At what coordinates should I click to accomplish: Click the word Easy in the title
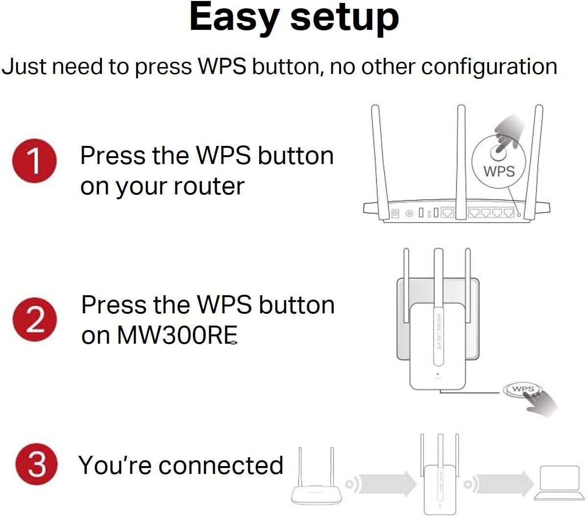coord(235,18)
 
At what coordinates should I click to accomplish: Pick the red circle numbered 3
coord(37,464)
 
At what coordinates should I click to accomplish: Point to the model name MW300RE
coord(176,335)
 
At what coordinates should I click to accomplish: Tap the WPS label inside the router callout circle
coord(499,171)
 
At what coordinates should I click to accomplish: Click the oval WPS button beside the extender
coord(522,390)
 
